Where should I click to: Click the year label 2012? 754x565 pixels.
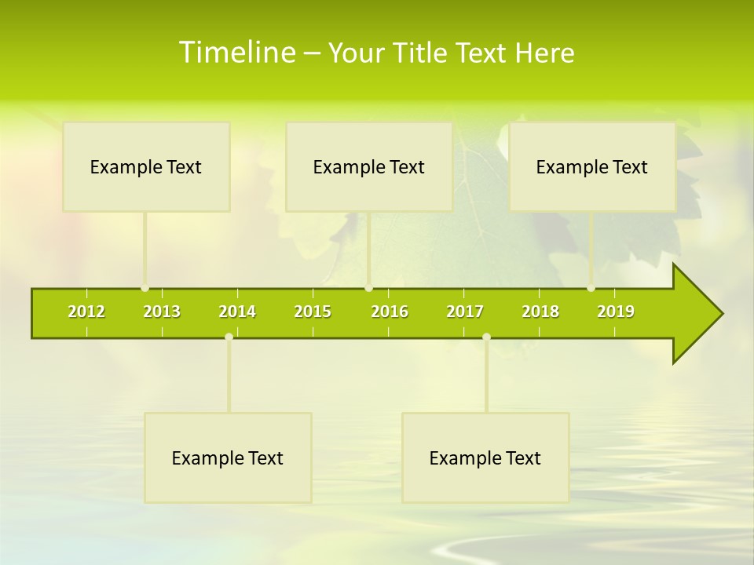coord(86,312)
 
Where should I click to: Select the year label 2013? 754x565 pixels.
coord(162,312)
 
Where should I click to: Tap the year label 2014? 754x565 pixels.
coord(237,312)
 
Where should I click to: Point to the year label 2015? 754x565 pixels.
coord(313,312)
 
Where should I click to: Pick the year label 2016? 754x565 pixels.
coord(390,312)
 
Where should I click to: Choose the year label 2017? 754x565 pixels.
coord(465,312)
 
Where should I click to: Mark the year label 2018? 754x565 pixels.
coord(540,312)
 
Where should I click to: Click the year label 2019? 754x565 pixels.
coord(616,312)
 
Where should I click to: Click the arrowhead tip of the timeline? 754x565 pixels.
coord(720,314)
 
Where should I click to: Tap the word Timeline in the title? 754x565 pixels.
coord(236,53)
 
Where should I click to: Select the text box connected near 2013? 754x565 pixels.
coord(146,167)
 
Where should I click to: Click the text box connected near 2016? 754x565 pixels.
coord(369,167)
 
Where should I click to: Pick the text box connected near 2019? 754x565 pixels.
coord(592,167)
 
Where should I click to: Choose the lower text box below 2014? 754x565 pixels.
coord(228,458)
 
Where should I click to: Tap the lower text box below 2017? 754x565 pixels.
coord(485,458)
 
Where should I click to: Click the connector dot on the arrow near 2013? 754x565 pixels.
coord(145,288)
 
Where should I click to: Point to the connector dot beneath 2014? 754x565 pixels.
coord(229,337)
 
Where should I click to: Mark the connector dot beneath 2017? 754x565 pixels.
coord(486,337)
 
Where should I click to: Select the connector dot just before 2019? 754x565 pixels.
coord(591,288)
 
